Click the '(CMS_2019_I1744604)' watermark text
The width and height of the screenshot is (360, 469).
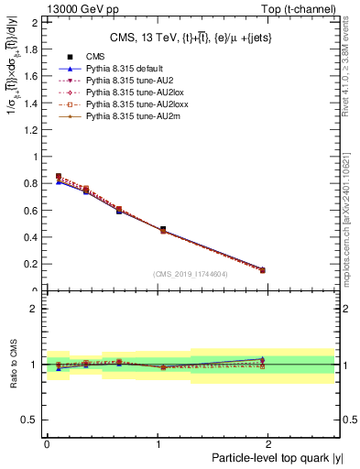click(190, 274)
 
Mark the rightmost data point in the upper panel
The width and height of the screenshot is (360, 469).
click(263, 270)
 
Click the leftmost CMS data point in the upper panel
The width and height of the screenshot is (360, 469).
click(59, 177)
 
